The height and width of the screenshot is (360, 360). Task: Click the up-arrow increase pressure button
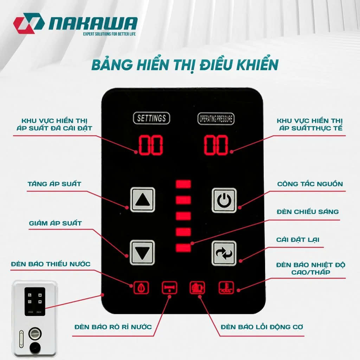(143, 200)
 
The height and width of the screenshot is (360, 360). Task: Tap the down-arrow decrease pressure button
(142, 252)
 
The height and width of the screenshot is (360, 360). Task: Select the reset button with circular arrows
(224, 253)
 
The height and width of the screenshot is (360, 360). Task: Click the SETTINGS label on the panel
(152, 118)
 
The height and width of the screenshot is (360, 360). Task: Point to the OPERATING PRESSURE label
(216, 119)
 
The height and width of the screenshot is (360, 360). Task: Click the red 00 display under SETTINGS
(150, 145)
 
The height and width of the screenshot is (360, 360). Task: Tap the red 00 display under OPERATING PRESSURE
(216, 145)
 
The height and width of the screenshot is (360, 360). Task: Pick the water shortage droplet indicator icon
(141, 288)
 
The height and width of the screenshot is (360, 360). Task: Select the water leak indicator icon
(169, 288)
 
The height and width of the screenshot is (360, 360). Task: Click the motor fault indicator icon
(198, 288)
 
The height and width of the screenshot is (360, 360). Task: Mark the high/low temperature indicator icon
(226, 288)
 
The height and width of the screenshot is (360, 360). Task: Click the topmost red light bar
(183, 184)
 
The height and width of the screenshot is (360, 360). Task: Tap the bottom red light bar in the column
(183, 248)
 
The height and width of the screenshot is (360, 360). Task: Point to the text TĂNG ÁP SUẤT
(54, 184)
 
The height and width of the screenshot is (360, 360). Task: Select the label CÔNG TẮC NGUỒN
(310, 184)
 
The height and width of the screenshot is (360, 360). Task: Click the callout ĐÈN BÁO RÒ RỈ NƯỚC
(113, 327)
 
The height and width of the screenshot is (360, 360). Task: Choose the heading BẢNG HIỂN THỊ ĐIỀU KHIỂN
(185, 65)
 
